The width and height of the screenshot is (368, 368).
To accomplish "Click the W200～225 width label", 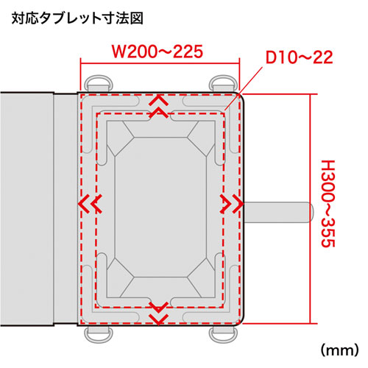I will [x=156, y=53].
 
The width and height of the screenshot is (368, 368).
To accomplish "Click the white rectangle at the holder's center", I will [x=159, y=208].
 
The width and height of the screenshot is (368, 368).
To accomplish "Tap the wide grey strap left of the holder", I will [x=26, y=208].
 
